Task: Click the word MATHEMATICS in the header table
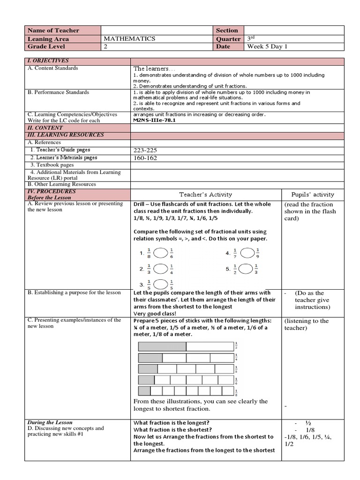[x=129, y=39]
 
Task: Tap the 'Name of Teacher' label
[x=54, y=30]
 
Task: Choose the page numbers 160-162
[x=145, y=158]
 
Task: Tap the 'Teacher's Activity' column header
[x=205, y=195]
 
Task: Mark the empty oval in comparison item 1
[x=160, y=254]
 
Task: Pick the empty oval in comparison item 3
[x=160, y=284]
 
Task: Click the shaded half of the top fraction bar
[x=162, y=347]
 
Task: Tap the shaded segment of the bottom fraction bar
[x=144, y=391]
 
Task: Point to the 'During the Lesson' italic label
[x=50, y=422]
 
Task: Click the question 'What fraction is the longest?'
[x=172, y=422]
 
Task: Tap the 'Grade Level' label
[x=47, y=47]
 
